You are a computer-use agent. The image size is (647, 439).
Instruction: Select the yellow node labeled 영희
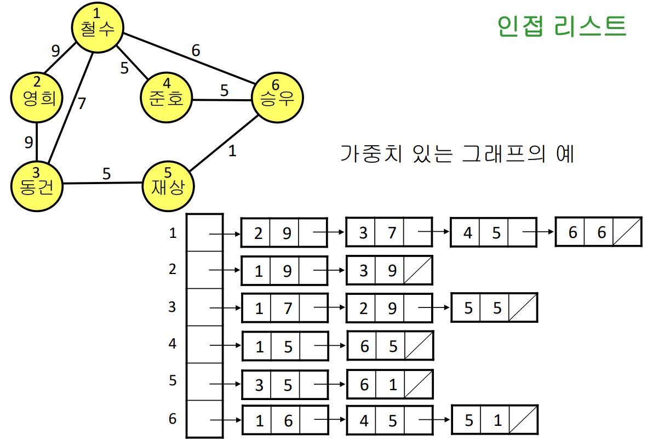[x=37, y=96]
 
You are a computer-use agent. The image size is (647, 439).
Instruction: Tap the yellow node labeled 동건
[x=37, y=186]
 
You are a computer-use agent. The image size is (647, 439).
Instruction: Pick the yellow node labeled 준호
[x=167, y=98]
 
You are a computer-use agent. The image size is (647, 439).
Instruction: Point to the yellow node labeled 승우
[x=277, y=98]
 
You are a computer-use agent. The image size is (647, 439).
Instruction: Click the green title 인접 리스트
[x=561, y=25]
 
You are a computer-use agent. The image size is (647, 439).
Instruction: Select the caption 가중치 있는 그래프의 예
[x=457, y=154]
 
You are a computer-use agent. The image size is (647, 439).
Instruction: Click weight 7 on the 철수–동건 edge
[x=82, y=103]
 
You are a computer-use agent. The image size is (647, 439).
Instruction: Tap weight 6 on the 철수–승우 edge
[x=196, y=50]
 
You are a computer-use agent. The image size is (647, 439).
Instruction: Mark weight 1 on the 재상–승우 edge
[x=232, y=151]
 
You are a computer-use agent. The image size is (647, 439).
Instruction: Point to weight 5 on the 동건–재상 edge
[x=106, y=173]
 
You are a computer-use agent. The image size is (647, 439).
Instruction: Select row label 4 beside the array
[x=173, y=345]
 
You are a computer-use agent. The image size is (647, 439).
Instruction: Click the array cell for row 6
[x=204, y=419]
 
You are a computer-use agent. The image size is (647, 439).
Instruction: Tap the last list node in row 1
[x=598, y=232]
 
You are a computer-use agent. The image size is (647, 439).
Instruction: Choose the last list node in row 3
[x=494, y=307]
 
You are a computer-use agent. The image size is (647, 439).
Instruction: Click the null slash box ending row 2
[x=418, y=270]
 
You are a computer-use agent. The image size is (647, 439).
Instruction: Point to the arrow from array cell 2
[x=226, y=270]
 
